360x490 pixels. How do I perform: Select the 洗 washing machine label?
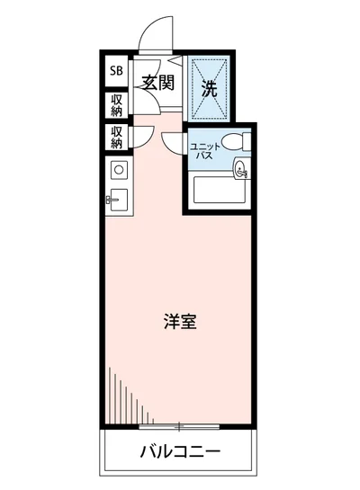point(209,88)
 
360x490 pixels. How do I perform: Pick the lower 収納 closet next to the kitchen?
point(116,137)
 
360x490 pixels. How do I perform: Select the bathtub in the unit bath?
point(220,192)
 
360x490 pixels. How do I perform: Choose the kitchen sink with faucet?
point(117,200)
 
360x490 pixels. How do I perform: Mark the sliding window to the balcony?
point(180,423)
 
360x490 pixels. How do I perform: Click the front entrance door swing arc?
point(153,36)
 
